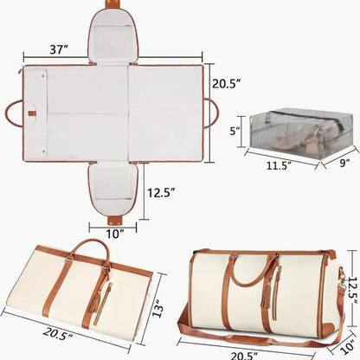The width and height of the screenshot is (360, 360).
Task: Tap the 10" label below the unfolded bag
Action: coord(115,231)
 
